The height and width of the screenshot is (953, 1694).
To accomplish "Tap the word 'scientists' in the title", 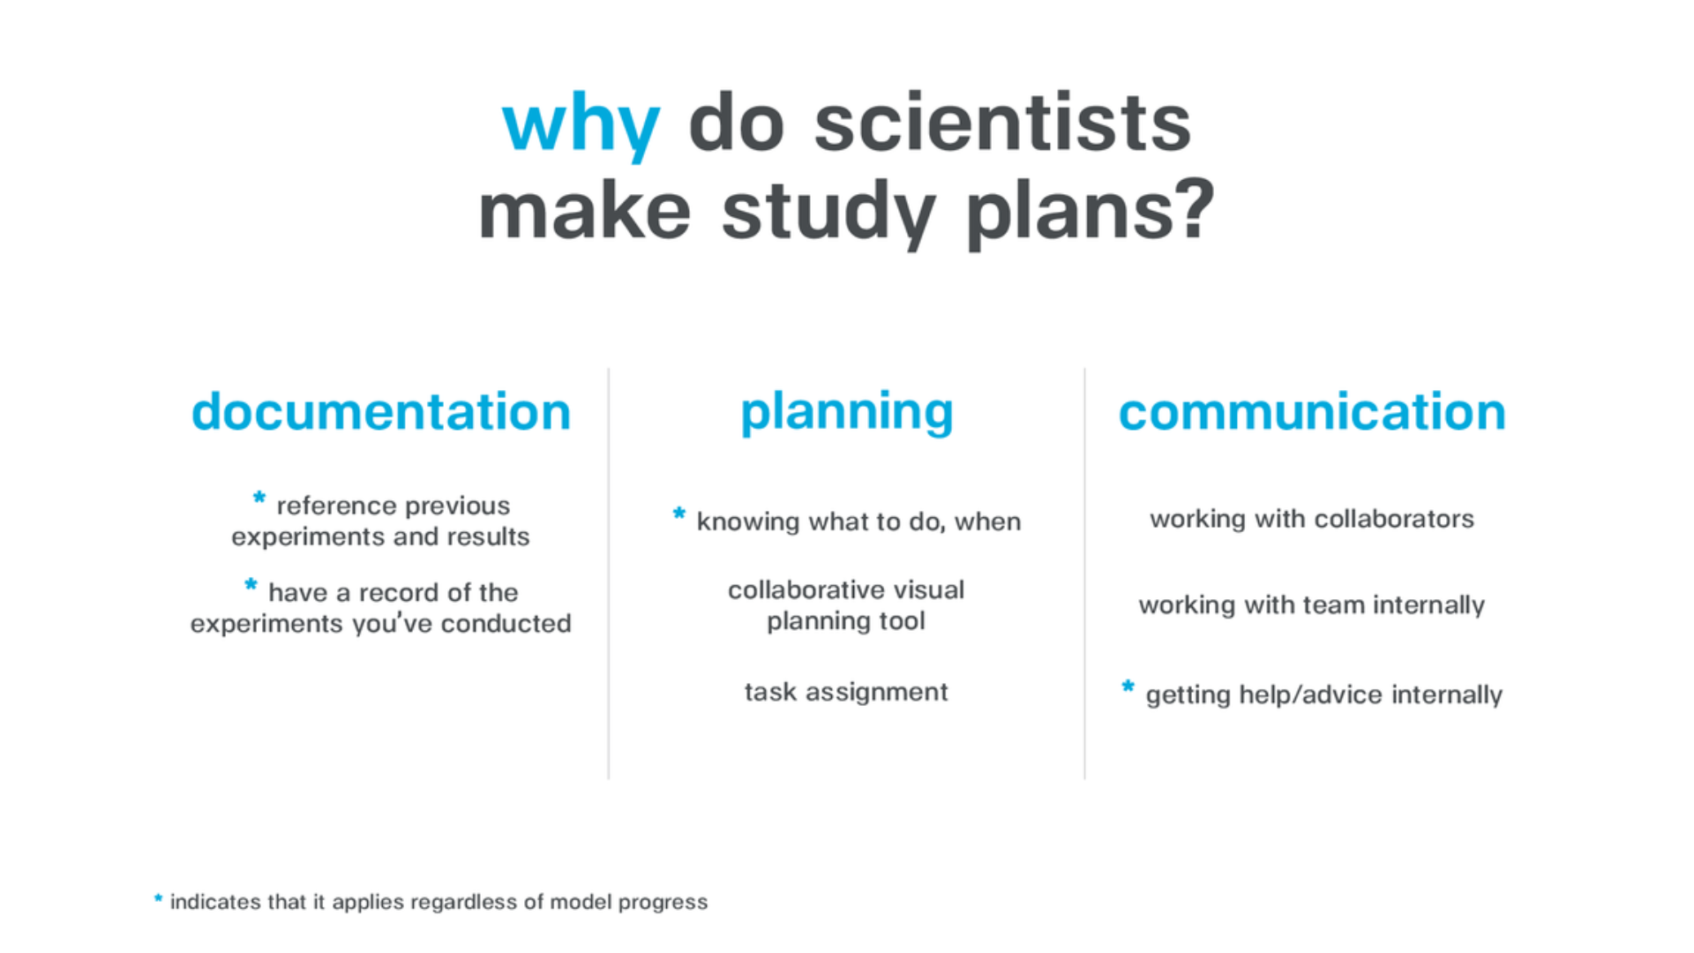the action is (1002, 122).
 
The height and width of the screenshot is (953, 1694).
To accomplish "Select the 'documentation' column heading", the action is (381, 411).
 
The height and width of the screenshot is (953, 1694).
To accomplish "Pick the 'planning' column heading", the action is (847, 413).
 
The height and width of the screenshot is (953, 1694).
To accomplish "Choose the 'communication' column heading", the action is (1312, 411).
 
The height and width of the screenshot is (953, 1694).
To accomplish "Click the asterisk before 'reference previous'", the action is (259, 498).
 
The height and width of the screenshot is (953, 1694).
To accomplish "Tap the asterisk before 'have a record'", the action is (251, 584).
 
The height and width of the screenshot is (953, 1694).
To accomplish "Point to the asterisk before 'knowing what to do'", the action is (679, 513).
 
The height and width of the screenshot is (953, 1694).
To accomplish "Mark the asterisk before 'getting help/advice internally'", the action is (1128, 686).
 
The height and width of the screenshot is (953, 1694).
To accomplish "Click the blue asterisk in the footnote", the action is (158, 899).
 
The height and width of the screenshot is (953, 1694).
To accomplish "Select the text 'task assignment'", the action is (846, 692).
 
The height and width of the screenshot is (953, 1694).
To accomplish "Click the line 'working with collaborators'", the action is (1312, 519).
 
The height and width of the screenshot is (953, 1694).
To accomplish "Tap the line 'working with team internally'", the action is (1312, 605).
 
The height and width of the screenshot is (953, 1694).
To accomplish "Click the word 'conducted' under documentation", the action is (506, 623).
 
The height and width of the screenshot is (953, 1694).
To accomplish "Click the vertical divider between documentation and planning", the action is (609, 574).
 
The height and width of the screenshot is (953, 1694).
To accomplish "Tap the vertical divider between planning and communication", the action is (1085, 574).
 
